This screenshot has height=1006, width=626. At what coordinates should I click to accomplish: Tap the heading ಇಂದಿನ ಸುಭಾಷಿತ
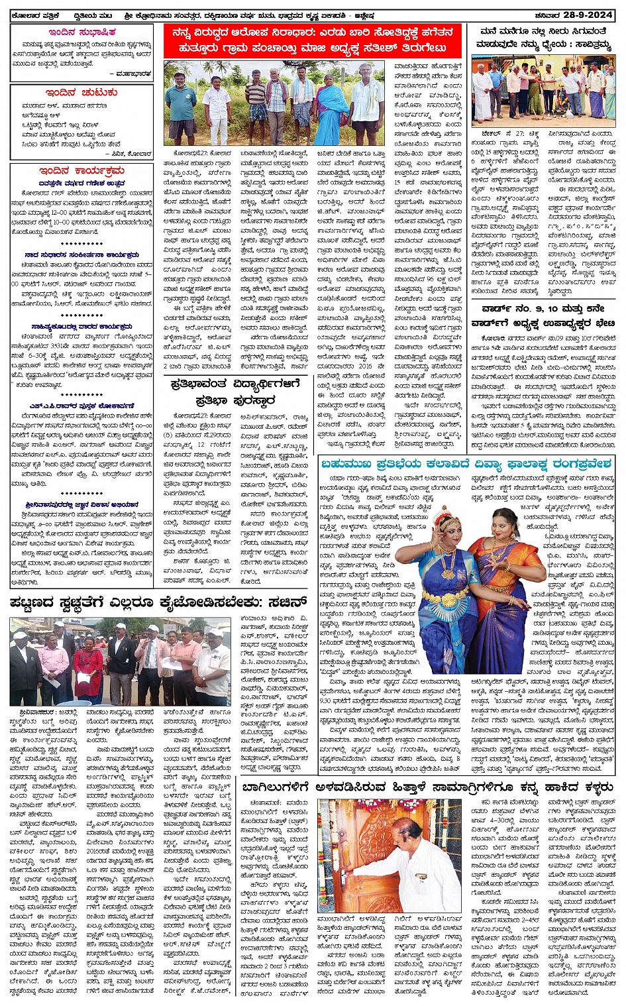pos(82,32)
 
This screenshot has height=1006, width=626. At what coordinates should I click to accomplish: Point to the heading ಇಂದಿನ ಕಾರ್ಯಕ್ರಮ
pos(81,171)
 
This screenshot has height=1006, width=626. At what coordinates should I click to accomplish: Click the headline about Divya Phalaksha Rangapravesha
pos(467,464)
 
